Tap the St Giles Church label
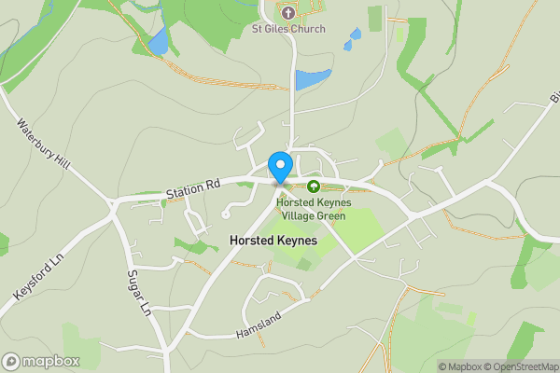(288, 29)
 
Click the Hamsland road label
(259, 325)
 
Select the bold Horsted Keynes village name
(273, 241)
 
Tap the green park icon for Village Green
(314, 186)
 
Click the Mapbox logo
(39, 361)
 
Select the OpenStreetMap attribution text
(521, 366)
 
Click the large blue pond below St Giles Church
(313, 79)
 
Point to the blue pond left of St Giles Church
(158, 40)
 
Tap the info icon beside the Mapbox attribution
(430, 366)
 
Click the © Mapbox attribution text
(460, 366)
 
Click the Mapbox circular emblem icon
(11, 361)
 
